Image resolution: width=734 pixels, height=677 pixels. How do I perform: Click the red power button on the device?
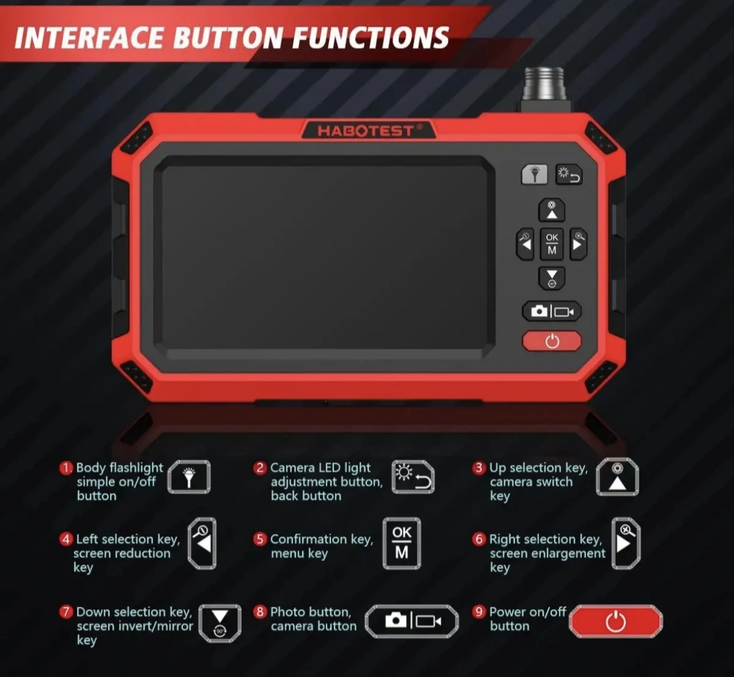[552, 340]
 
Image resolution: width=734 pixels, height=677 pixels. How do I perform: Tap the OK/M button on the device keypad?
[552, 244]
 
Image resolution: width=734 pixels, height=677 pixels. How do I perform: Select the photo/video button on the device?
[552, 311]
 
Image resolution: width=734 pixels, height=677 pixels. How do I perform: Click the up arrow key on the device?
[552, 210]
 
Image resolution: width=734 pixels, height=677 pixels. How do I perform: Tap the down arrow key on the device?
[552, 278]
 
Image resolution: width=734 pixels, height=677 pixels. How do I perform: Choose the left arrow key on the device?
[525, 244]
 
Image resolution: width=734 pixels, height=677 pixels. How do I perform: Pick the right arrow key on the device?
[578, 244]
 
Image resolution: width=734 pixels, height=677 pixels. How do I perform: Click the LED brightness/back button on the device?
[569, 174]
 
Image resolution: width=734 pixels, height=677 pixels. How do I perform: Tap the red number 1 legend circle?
[66, 468]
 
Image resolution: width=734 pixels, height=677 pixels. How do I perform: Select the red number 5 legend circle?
[260, 539]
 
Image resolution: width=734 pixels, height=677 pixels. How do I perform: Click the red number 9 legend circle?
[479, 612]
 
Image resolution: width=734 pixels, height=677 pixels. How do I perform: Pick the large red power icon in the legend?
[615, 622]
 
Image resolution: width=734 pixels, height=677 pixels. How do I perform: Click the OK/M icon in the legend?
[402, 544]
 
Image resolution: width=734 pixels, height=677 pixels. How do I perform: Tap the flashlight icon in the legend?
[189, 477]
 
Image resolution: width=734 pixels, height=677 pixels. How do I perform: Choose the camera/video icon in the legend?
[412, 621]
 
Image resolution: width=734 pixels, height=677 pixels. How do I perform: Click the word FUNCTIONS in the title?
[371, 38]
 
